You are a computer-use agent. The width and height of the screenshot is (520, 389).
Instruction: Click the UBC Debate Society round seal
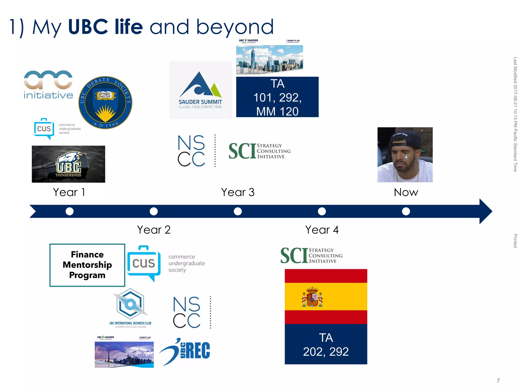point(105,102)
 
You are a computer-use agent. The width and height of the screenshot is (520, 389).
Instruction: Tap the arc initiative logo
point(48,85)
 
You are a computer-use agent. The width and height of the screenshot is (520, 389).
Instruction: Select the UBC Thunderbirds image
point(68,164)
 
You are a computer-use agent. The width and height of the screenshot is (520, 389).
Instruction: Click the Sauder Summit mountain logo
point(200,90)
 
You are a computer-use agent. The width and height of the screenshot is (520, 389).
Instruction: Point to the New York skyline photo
point(269,60)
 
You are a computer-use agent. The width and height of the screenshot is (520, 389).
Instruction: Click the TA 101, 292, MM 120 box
point(277,97)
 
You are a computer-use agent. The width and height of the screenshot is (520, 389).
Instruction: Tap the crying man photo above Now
point(405,155)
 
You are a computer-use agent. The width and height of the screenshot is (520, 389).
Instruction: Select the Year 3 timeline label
point(238,192)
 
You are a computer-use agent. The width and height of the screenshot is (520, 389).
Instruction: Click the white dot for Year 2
point(154,211)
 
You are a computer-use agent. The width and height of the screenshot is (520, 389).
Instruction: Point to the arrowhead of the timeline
point(485,211)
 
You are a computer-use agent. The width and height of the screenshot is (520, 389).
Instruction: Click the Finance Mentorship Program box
point(87,265)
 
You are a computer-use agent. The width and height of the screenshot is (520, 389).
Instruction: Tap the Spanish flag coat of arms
point(312,297)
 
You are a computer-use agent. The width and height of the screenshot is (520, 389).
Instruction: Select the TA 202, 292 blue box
point(326,344)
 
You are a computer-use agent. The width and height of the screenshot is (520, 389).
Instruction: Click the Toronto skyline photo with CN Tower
point(124,354)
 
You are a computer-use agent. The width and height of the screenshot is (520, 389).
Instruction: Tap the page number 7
point(498,381)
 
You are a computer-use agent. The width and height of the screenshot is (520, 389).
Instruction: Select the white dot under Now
point(406,211)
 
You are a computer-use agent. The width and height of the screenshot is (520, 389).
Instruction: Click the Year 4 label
point(322,230)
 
